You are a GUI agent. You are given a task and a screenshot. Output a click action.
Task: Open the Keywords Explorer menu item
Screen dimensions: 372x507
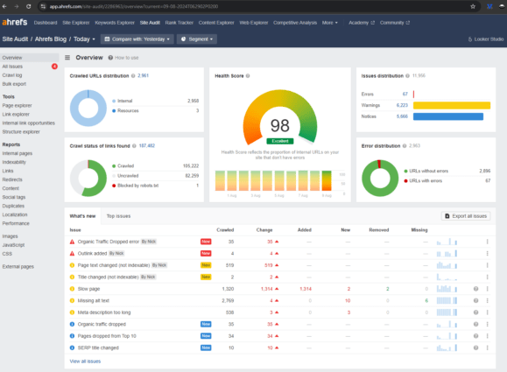coord(119,22)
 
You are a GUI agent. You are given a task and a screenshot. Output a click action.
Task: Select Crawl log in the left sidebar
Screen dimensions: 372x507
coord(11,74)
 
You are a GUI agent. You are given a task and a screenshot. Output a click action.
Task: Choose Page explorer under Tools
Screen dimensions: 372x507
coord(17,105)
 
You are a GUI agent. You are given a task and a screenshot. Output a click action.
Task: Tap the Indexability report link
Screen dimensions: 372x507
coord(15,162)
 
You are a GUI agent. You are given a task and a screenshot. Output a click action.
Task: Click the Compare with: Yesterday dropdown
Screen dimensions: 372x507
coord(135,39)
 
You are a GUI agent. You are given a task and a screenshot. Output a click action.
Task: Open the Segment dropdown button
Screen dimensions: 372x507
coord(196,39)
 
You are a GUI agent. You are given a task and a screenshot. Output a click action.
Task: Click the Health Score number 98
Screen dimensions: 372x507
coord(280,126)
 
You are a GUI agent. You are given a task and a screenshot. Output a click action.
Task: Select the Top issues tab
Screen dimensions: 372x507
coord(118,215)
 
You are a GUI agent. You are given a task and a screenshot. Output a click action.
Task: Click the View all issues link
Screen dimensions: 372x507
coord(85,361)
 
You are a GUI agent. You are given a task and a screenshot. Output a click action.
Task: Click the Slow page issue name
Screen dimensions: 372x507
coord(89,288)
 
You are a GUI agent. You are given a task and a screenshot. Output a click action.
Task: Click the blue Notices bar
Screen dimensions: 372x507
coord(447,116)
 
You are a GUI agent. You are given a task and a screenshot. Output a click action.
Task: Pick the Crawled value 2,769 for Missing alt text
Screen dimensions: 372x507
coord(225,300)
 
